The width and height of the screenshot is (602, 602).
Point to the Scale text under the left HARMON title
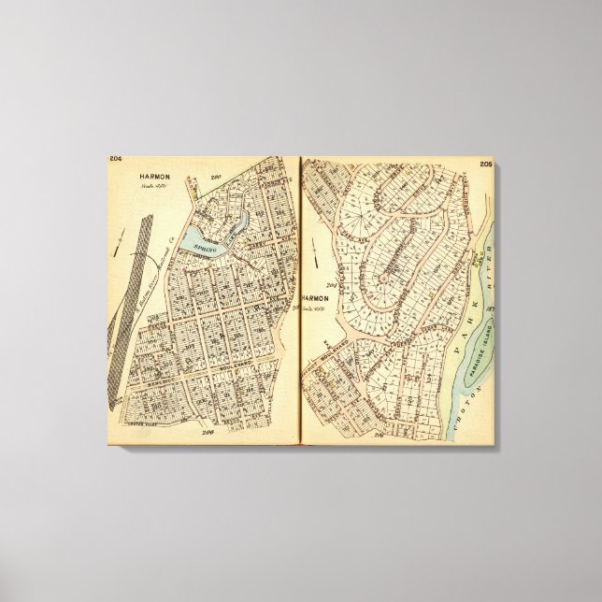(149, 185)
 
